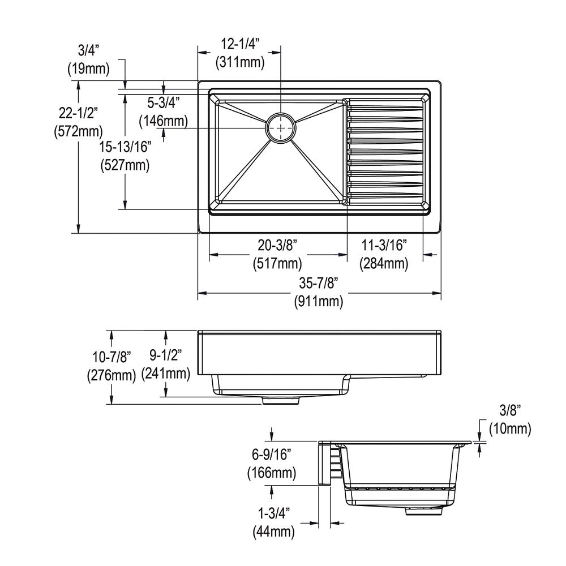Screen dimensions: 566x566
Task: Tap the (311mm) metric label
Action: tap(240, 62)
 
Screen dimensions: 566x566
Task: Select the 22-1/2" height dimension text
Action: tap(78, 113)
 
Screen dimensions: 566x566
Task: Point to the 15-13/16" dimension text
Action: tap(125, 147)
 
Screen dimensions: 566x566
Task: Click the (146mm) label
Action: tap(164, 121)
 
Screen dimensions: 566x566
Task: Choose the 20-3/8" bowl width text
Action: tap(277, 246)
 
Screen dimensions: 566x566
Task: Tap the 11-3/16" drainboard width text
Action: tap(384, 246)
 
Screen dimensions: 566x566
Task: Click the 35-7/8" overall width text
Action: tap(318, 284)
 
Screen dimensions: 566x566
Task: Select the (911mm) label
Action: tap(318, 301)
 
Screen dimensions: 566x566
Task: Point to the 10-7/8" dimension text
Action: tap(112, 357)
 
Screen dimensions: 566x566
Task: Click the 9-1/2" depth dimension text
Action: tap(165, 355)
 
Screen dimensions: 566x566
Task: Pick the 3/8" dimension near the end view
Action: tap(510, 410)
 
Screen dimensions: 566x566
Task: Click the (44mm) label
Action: tap(273, 531)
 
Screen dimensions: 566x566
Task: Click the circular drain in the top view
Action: tap(281, 127)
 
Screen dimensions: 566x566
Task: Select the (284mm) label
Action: tap(384, 264)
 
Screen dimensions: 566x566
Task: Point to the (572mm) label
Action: tap(78, 131)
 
